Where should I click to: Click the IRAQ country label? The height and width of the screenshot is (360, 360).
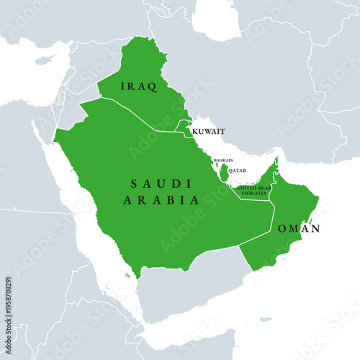tap(139, 86)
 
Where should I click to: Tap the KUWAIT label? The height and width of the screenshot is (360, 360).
tap(208, 132)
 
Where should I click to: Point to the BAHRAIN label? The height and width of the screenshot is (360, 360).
tap(223, 161)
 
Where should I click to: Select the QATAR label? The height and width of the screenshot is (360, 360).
tap(238, 171)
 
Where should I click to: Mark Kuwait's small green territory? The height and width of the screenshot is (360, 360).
tap(185, 127)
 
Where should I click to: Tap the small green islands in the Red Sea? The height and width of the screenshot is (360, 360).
tap(127, 274)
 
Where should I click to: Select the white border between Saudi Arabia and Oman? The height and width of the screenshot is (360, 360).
tap(273, 216)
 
